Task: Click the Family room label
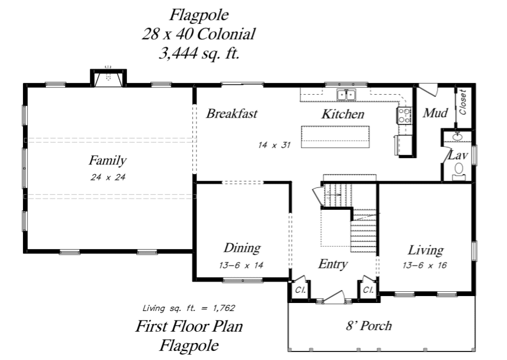108,161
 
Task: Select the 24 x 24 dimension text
108,177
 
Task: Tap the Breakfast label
232,113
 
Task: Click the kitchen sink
346,95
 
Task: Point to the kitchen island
336,137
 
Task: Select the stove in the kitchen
404,116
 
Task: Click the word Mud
435,113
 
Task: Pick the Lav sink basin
457,137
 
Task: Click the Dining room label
242,248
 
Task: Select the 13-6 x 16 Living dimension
424,266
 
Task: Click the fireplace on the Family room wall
108,78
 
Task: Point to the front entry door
334,297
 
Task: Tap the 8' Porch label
369,325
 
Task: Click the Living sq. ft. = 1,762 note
189,308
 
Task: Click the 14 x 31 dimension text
274,145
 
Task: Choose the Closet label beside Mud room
463,102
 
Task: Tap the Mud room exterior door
428,89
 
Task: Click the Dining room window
242,280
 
